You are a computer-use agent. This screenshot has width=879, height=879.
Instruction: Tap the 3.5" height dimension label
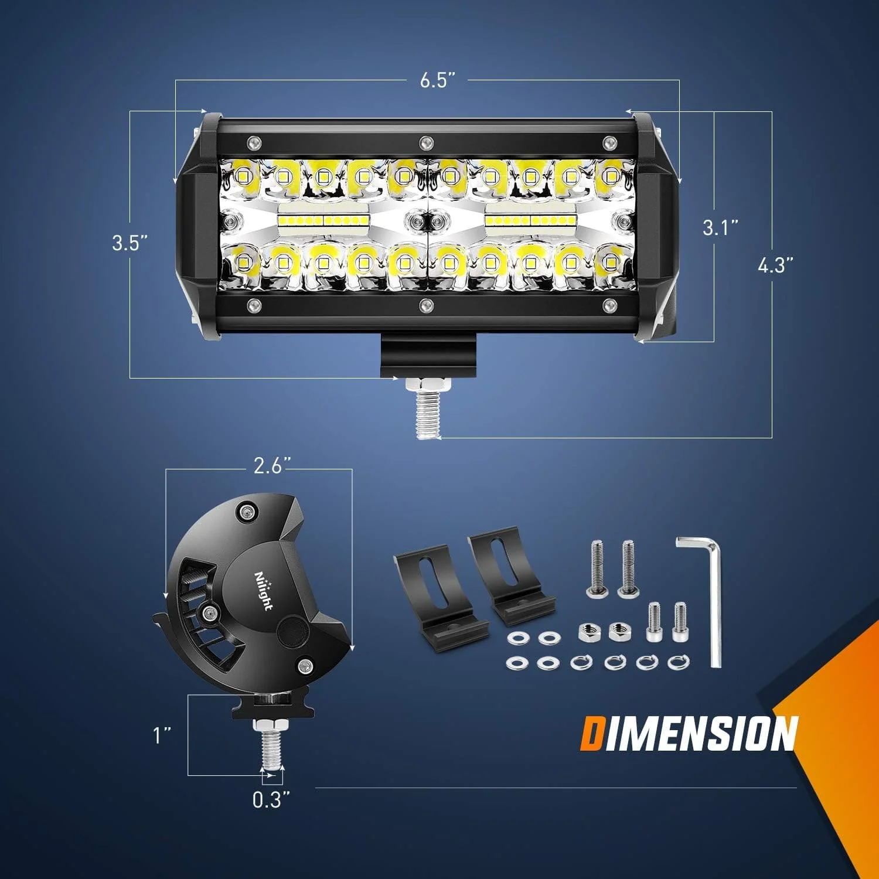coord(130,243)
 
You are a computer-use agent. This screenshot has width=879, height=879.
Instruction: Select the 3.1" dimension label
coord(720,227)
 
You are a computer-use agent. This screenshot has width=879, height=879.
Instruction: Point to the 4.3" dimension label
coord(775,265)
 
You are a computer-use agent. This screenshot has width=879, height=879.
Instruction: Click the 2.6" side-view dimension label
coord(272,465)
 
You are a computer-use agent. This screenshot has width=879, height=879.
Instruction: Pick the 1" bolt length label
coord(162,735)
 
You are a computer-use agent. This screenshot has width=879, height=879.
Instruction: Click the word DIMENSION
coord(689,733)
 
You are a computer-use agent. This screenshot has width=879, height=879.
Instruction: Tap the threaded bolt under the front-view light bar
coord(427,410)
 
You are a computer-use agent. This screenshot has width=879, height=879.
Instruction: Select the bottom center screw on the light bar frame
coord(426,305)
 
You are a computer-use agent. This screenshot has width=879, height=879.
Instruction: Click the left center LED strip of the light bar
coord(324,220)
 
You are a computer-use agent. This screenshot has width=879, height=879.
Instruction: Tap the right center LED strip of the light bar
coord(530,220)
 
